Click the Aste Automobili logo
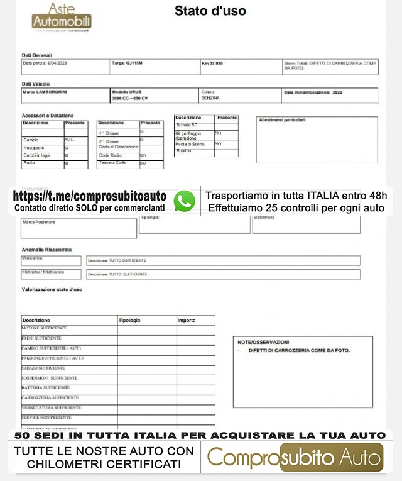[x=62, y=17]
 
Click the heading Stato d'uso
[x=210, y=11]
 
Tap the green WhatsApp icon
[x=184, y=201]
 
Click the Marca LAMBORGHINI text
[x=45, y=92]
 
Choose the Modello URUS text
[x=126, y=92]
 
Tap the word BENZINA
[x=210, y=99]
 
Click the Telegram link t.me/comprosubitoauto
[x=90, y=196]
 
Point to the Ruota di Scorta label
[x=190, y=144]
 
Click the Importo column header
[x=187, y=321]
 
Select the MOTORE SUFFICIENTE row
[x=45, y=328]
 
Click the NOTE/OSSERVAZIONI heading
[x=263, y=342]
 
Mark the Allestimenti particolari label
[x=283, y=120]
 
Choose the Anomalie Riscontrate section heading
[x=47, y=250]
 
